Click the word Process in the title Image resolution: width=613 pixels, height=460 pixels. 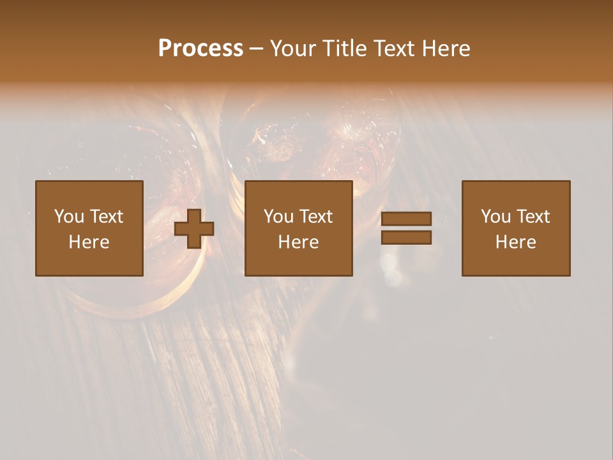tap(201, 49)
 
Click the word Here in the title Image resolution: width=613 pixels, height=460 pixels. tap(448, 49)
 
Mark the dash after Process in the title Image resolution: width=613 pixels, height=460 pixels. tap(257, 50)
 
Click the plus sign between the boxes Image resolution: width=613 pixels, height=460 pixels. tap(194, 229)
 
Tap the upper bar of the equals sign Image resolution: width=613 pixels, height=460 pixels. tap(406, 219)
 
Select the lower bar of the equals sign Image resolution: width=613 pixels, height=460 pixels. tap(406, 238)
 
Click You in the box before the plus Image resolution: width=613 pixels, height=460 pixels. tap(69, 217)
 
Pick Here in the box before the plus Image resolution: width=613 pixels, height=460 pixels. tap(89, 242)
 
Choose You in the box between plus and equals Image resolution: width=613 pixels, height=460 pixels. tap(278, 217)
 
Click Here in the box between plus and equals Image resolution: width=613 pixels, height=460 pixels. tap(298, 242)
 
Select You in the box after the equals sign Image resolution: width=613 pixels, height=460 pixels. tap(496, 217)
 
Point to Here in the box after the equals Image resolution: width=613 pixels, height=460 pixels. tap(515, 242)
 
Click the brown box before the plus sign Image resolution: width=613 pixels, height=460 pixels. tap(89, 262)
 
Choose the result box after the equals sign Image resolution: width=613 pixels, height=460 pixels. tap(515, 262)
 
